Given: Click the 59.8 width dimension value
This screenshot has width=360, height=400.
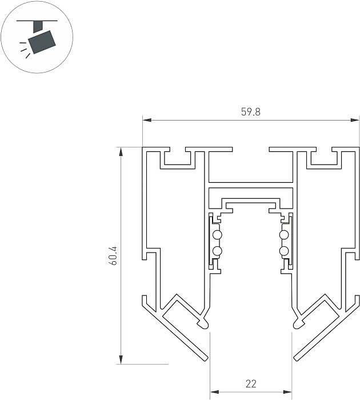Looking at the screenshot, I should [250, 112].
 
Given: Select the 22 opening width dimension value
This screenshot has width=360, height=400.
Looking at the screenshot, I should [250, 383].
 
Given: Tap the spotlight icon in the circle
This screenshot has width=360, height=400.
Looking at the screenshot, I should [42, 39].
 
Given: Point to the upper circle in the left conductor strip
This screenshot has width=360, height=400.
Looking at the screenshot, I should [217, 235].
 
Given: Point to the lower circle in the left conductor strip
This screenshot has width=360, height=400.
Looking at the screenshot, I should [217, 251].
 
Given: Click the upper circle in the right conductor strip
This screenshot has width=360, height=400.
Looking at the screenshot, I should [283, 235].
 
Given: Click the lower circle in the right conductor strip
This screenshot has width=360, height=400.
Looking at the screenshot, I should [283, 251].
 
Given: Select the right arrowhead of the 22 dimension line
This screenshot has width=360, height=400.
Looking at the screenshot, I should [287, 391].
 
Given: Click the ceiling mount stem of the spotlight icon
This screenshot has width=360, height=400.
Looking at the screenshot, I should [38, 25].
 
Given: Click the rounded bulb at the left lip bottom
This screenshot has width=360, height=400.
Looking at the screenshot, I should [202, 325].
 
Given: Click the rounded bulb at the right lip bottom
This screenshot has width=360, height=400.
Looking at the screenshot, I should [298, 325].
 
